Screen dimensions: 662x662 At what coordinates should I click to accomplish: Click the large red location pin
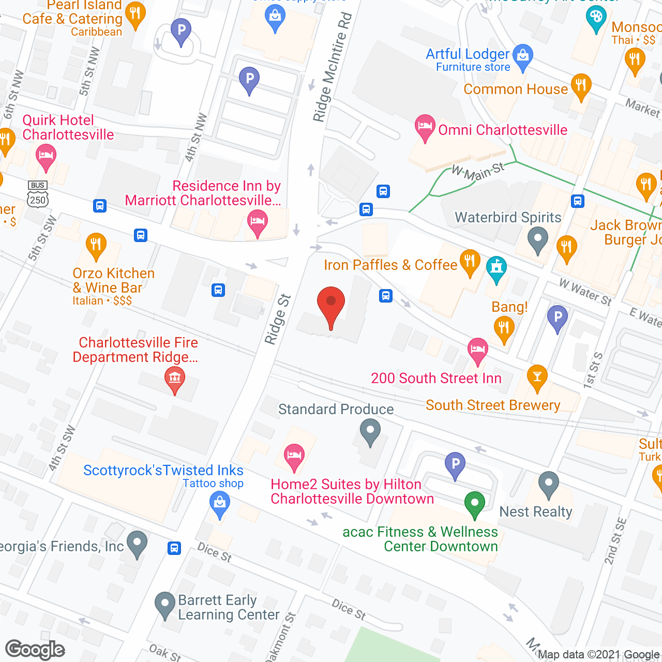pos(330,305)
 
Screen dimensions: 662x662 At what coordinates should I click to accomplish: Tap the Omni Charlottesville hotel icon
pos(425,127)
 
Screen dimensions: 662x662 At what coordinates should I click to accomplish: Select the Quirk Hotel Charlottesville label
pos(68,127)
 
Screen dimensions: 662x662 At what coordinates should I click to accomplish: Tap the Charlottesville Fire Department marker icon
pos(175,379)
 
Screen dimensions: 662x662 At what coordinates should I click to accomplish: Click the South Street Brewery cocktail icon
pos(537,378)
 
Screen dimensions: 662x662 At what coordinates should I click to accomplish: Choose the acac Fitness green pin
pos(474,503)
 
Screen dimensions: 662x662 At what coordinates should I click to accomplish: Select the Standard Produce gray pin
pos(370,431)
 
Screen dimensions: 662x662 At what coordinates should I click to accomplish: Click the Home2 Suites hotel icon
pos(294,456)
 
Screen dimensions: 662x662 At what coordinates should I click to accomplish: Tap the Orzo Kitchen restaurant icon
pos(96,245)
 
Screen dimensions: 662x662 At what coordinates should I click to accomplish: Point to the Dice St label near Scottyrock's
pos(214,552)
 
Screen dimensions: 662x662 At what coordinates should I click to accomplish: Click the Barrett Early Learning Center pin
pos(165,604)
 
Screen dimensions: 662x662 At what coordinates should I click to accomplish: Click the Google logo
pos(35,650)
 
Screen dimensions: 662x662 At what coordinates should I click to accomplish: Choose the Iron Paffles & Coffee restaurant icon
pos(470,261)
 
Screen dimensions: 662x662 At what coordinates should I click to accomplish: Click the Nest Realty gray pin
pos(549,484)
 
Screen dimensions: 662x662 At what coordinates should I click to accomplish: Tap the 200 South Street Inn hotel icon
pos(477,350)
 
